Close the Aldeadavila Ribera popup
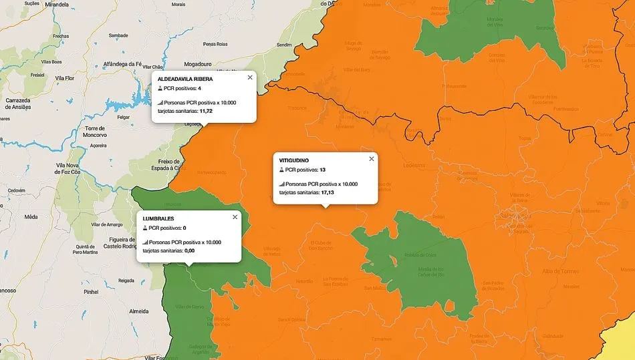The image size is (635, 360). click(250, 77)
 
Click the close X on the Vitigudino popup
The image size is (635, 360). click(372, 159)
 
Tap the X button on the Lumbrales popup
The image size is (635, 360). click(235, 217)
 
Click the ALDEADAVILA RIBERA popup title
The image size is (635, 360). click(185, 79)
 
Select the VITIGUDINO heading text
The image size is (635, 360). click(294, 160)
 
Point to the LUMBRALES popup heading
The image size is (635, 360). click(158, 218)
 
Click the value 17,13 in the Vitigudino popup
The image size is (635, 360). click(328, 192)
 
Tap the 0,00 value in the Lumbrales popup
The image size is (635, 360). click(189, 250)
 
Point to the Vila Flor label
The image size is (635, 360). click(65, 78)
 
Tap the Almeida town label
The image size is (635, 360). click(139, 311)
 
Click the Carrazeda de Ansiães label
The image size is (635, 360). click(18, 104)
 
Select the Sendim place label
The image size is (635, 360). click(285, 45)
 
